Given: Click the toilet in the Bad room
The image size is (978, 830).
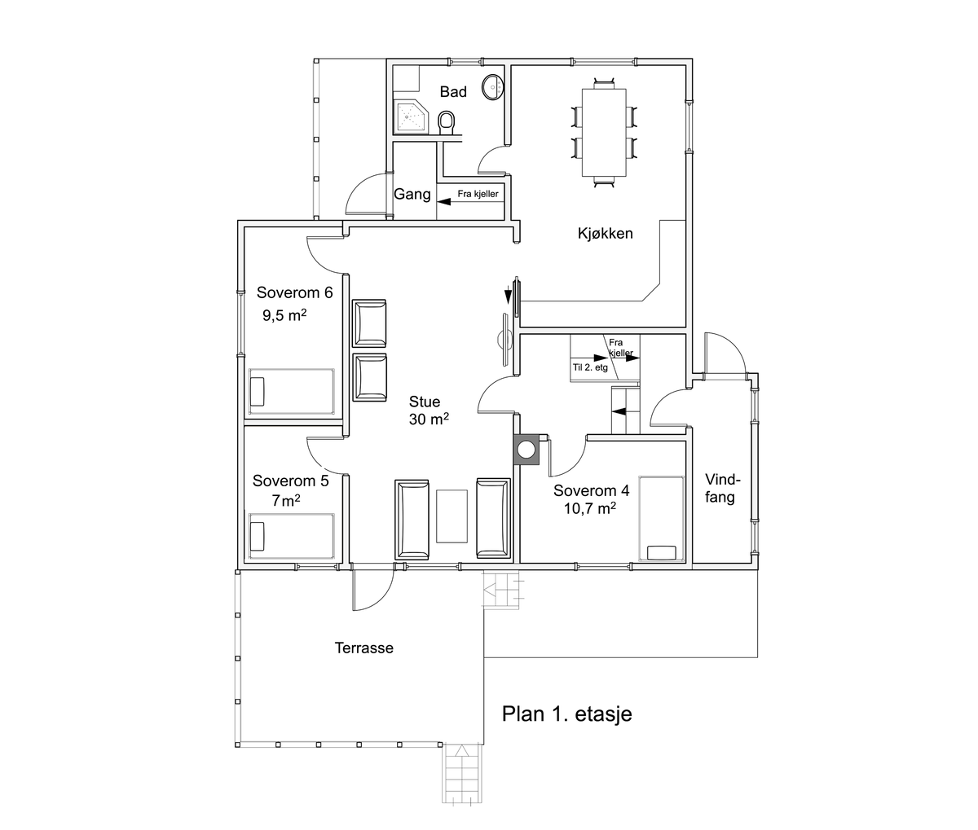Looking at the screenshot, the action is [x=446, y=122].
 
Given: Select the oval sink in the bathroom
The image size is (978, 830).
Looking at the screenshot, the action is [x=492, y=87].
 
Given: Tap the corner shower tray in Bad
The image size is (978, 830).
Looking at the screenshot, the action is [x=411, y=116].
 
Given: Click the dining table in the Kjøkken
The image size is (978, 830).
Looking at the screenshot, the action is [x=604, y=133].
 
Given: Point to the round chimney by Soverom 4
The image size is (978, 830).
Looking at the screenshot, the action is [x=526, y=449].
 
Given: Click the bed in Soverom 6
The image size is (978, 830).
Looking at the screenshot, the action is [x=292, y=392].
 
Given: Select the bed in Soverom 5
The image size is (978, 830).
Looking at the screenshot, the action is [x=292, y=536].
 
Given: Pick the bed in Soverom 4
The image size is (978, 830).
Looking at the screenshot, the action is [x=661, y=519].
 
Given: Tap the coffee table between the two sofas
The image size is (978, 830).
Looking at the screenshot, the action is [x=452, y=516].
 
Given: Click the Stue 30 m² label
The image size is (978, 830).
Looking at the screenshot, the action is [x=429, y=411].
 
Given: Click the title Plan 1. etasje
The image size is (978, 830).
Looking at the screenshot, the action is [x=567, y=714].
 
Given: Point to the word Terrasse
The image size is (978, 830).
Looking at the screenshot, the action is [x=363, y=648].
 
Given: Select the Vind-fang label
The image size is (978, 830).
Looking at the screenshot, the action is [x=722, y=488].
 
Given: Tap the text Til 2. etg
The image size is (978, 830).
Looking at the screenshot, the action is [x=590, y=367].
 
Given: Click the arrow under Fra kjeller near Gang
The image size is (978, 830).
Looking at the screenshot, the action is [x=468, y=202].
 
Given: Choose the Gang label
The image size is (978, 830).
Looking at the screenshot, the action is [x=412, y=195].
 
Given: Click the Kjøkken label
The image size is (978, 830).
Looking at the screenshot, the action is [x=606, y=233].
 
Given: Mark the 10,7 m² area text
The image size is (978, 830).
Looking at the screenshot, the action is [x=589, y=508].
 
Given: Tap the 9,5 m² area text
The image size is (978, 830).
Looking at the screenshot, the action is [x=284, y=315].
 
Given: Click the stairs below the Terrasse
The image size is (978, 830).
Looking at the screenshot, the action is [x=463, y=774].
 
